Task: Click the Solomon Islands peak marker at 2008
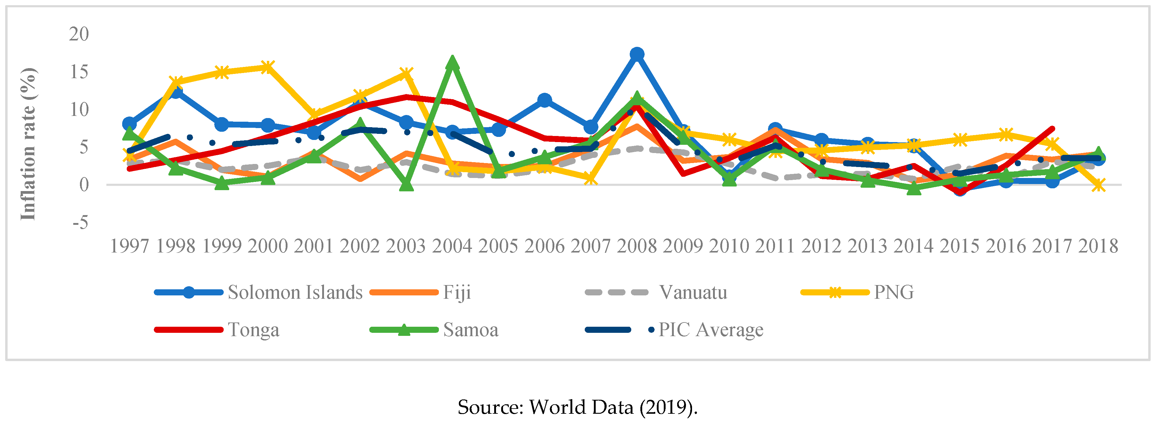click(637, 54)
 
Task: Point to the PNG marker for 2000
click(267, 67)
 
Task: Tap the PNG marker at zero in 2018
click(1097, 185)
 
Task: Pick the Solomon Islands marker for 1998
click(176, 92)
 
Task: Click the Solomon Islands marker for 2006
click(544, 100)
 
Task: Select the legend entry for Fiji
click(456, 292)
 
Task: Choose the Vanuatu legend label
click(693, 292)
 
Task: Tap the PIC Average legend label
click(711, 330)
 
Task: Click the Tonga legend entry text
click(253, 330)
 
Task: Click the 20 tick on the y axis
click(79, 34)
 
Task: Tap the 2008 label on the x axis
click(637, 246)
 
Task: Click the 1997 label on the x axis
click(129, 246)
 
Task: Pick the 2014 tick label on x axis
click(913, 246)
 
